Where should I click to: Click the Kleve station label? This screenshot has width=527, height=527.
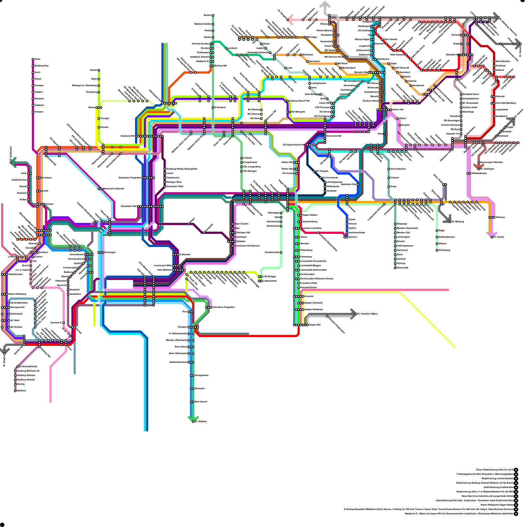click(x=38, y=59)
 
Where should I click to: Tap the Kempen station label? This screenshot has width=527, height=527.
click(x=39, y=112)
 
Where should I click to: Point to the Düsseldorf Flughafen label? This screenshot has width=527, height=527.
click(x=130, y=178)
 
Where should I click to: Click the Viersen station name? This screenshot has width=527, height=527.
click(x=49, y=204)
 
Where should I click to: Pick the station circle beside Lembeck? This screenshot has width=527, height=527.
click(x=226, y=48)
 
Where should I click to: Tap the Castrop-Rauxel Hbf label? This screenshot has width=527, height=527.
click(x=299, y=101)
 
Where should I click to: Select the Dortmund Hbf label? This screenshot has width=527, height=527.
click(x=334, y=136)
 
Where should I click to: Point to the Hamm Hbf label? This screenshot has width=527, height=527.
click(x=398, y=110)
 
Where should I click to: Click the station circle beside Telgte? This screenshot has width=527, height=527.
click(x=389, y=64)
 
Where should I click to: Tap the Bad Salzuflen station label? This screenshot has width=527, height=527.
click(x=503, y=61)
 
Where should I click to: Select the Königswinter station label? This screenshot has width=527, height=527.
click(x=202, y=375)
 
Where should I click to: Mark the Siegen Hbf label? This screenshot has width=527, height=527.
click(x=315, y=325)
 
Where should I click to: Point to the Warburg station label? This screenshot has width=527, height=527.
click(x=500, y=217)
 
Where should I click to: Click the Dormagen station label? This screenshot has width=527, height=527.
click(x=110, y=253)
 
